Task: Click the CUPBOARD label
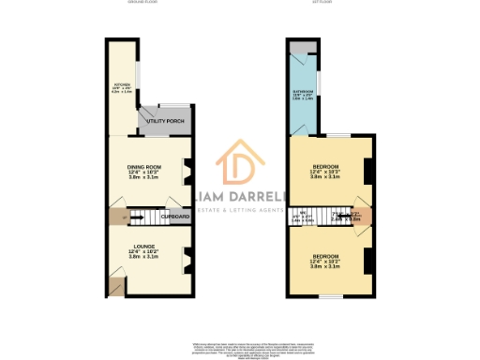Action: coord(175,217)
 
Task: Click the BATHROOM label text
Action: coord(302,94)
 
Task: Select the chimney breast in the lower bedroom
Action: coord(368,259)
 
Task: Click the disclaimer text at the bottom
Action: coord(240,349)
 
